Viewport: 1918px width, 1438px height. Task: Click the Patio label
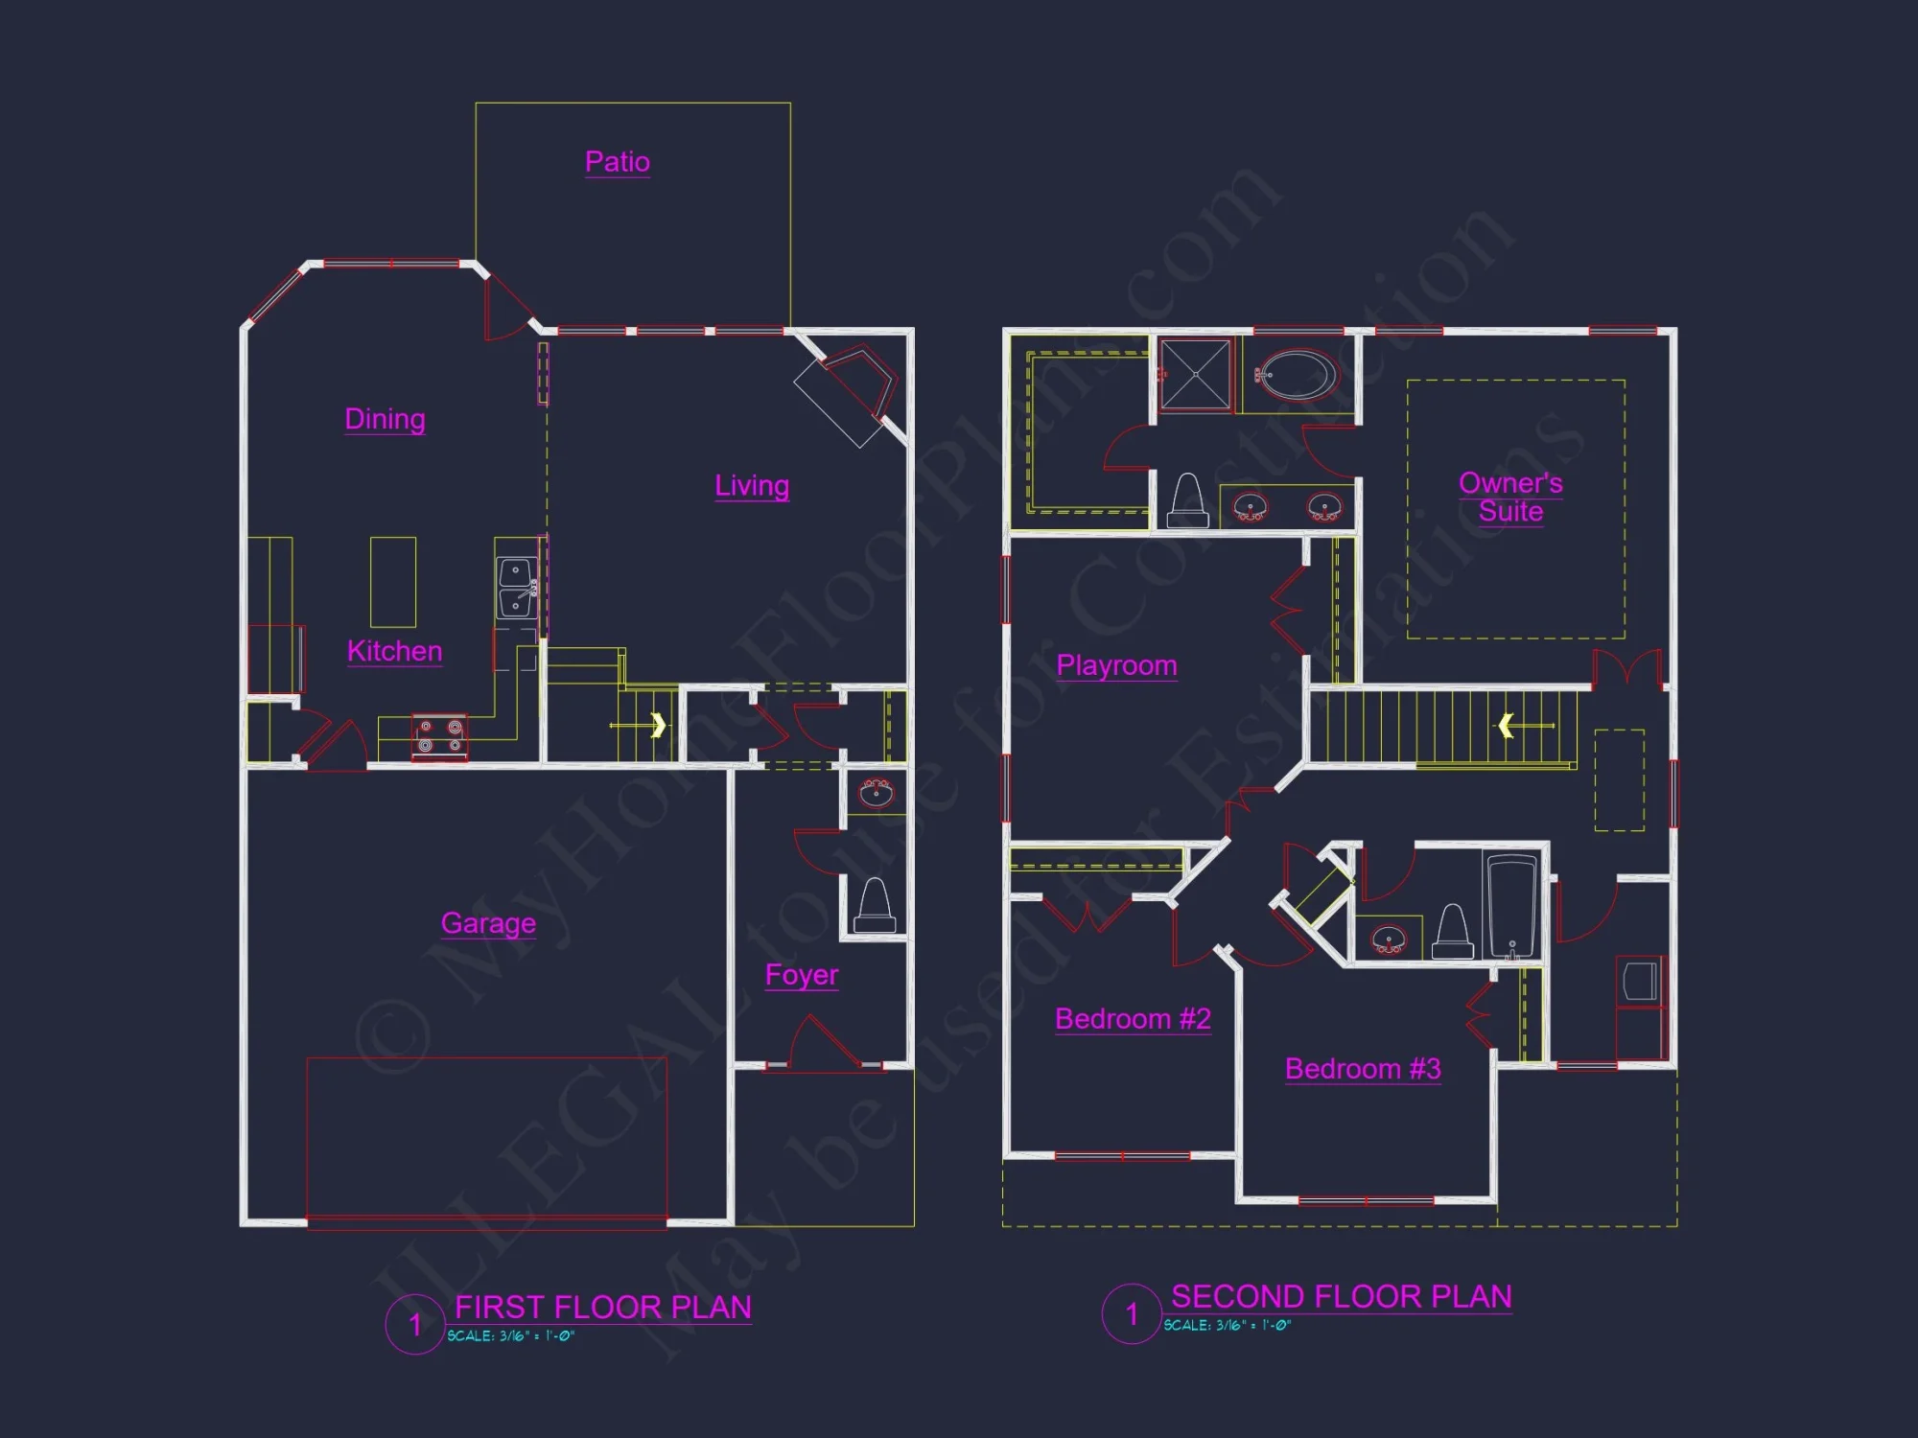(618, 161)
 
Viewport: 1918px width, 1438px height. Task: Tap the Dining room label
(385, 419)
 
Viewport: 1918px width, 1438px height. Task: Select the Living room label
(752, 485)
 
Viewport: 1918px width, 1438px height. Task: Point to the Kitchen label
(394, 651)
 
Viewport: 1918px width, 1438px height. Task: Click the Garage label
(488, 922)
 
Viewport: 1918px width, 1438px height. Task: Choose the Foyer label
(802, 975)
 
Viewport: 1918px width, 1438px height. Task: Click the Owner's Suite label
(1510, 497)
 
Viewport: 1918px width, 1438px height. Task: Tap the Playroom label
(1116, 665)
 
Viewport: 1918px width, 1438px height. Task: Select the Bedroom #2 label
(1133, 1018)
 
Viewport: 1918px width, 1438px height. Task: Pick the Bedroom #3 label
(1363, 1069)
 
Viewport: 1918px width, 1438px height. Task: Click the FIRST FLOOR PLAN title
(602, 1308)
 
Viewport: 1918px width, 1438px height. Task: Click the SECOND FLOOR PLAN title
(1341, 1297)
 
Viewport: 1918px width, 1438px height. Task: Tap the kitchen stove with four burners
(440, 736)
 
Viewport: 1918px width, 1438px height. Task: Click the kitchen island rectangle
(393, 582)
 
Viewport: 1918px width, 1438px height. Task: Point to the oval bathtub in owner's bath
(1296, 375)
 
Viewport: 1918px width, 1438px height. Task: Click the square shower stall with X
(1195, 375)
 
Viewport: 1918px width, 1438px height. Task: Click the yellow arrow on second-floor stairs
(1507, 726)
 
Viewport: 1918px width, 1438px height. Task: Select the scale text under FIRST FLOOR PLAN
(510, 1335)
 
